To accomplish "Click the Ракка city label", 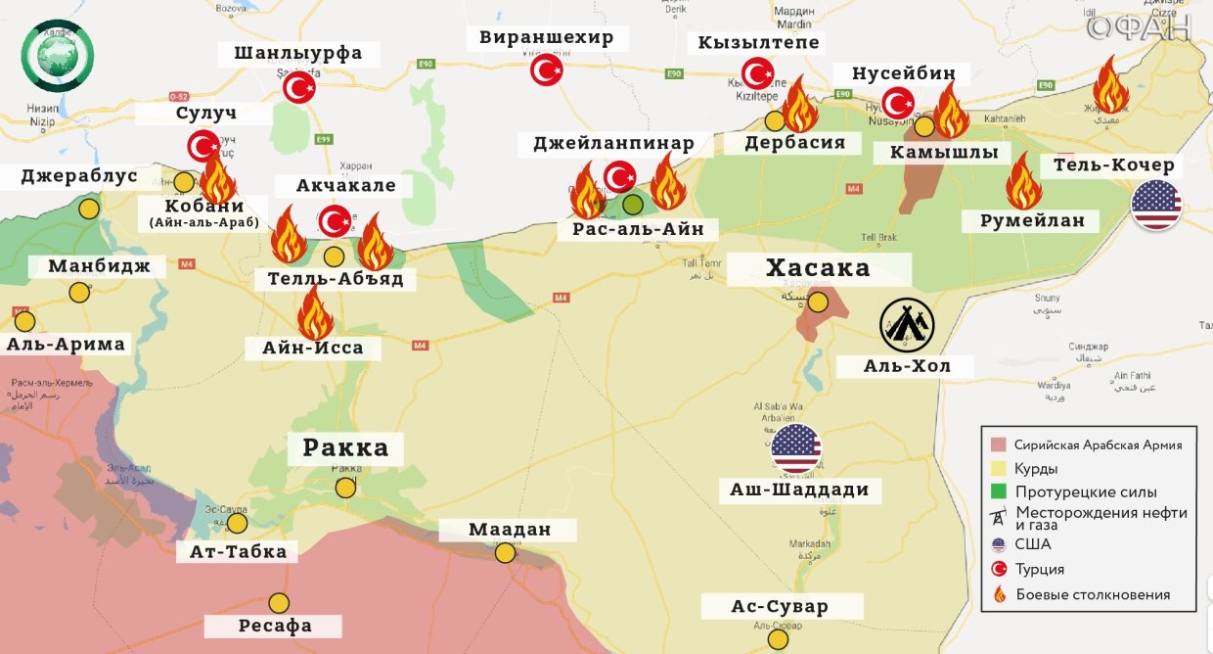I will tap(345, 448).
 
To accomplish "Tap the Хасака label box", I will tap(818, 268).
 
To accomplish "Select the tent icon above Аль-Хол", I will tap(907, 325).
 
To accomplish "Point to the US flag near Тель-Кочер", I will tap(1156, 206).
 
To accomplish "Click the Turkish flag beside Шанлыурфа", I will tap(299, 89).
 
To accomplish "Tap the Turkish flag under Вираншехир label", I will tap(547, 70).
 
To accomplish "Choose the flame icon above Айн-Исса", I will tap(315, 311).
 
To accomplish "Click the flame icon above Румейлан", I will tap(1023, 181).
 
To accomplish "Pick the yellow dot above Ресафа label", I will tap(280, 603).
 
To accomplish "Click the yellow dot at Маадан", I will tap(505, 553).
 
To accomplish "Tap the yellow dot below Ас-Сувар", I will tap(778, 639).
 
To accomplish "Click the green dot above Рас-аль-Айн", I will tap(633, 205).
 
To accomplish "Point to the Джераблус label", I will tap(78, 177).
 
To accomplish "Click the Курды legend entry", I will tap(1035, 468).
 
